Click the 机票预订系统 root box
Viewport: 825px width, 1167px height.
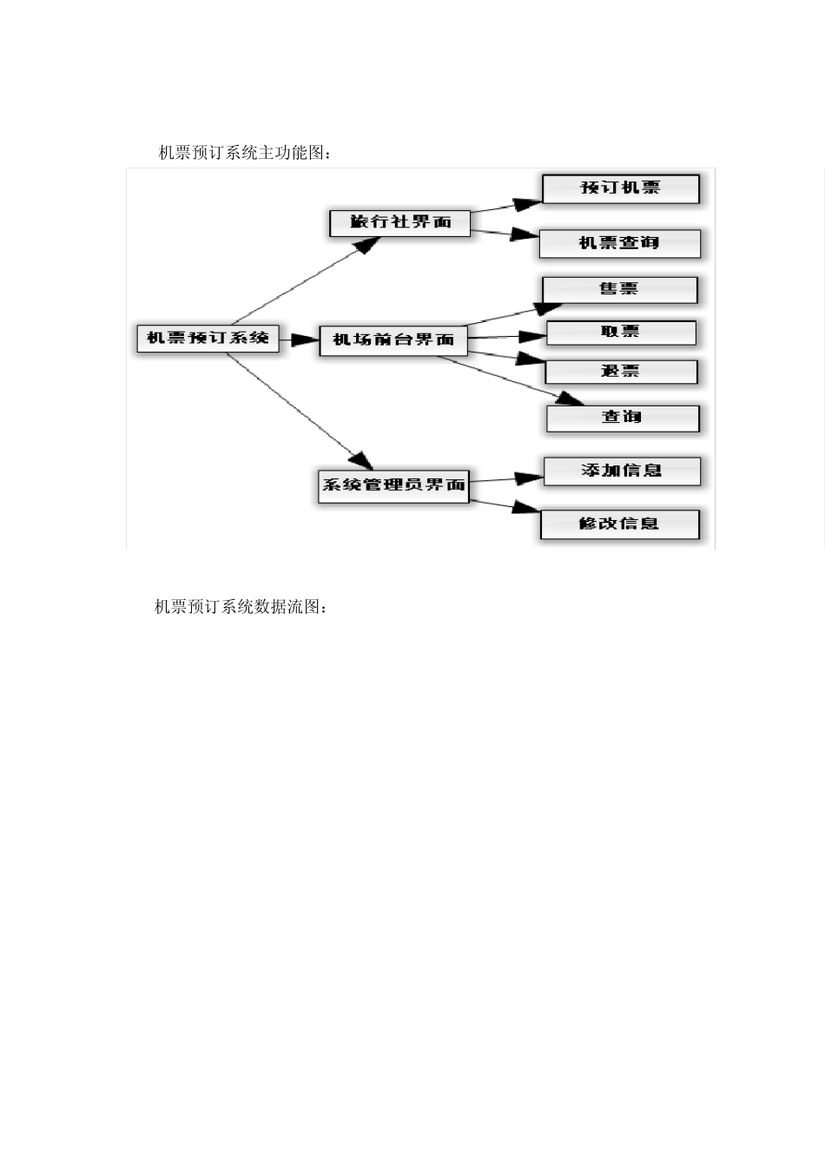[208, 338]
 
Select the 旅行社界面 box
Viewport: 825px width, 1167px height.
[400, 222]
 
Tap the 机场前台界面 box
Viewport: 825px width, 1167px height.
[393, 340]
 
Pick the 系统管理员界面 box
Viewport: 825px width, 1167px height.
[393, 485]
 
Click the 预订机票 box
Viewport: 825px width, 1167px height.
[620, 188]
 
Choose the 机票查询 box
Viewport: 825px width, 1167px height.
[619, 243]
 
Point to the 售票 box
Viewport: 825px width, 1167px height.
[619, 289]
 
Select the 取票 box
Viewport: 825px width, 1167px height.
[620, 333]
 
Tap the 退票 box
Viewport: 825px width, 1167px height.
[620, 372]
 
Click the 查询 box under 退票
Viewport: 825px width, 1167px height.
[622, 418]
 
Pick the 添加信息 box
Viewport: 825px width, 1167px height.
[621, 471]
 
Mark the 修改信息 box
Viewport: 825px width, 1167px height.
[619, 524]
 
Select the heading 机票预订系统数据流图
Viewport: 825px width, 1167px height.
[241, 607]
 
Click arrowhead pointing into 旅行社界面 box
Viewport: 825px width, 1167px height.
[368, 244]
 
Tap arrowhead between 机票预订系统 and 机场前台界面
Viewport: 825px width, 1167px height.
[306, 340]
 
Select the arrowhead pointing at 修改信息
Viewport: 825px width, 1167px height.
[526, 507]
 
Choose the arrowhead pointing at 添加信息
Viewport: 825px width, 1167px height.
[529, 478]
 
